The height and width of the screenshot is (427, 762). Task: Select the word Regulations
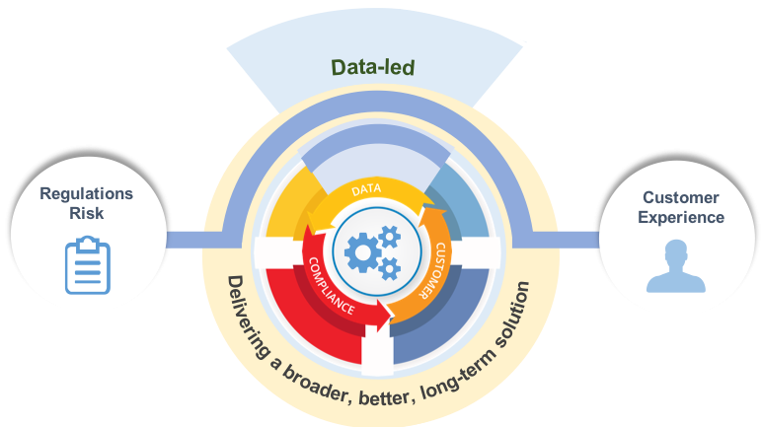[x=86, y=193]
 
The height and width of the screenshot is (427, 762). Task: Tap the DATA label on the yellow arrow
[x=366, y=188]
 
